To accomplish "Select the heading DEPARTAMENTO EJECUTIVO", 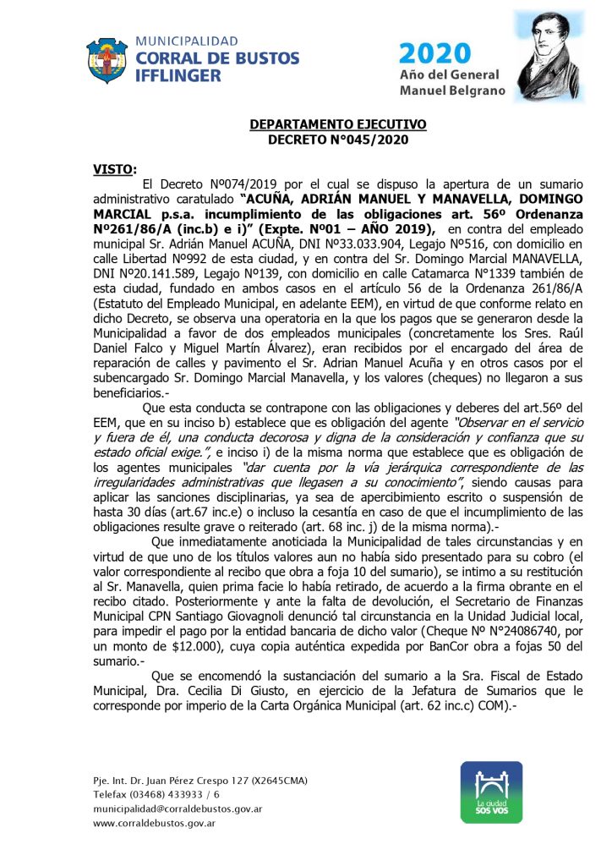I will (x=338, y=124).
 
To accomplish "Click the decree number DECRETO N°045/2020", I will (x=338, y=138).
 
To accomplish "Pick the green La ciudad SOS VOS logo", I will (x=490, y=792).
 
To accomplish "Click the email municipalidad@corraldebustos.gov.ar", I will (x=178, y=809).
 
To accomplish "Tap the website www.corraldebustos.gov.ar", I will (x=152, y=823).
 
